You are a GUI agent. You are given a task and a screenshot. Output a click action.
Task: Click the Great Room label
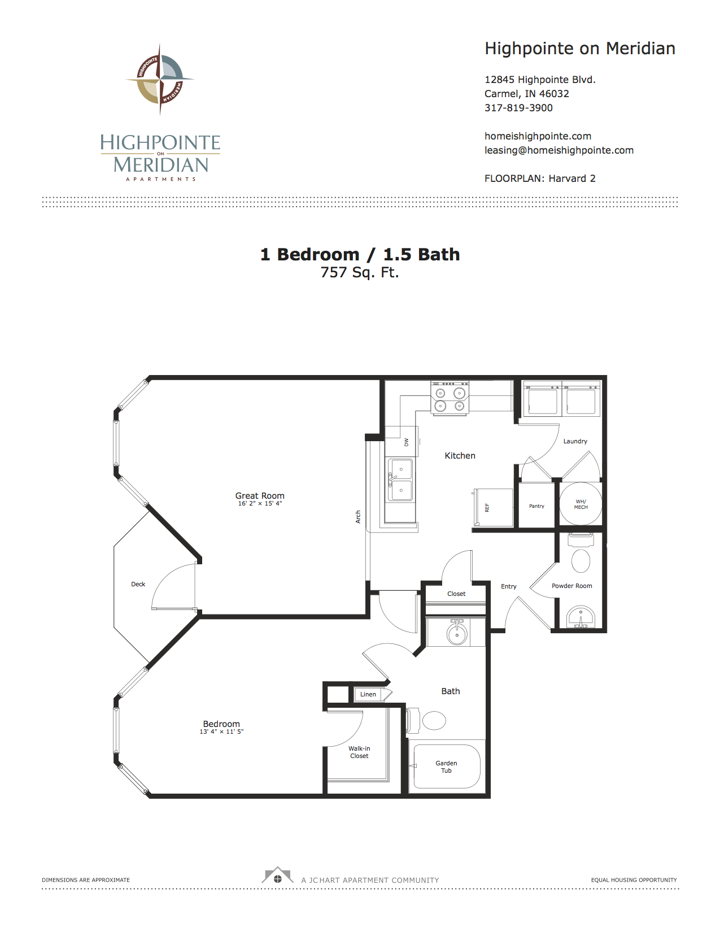coord(259,495)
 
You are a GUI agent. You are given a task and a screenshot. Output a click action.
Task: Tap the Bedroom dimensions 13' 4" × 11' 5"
coord(221,731)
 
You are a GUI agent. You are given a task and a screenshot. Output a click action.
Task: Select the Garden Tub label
coord(446,766)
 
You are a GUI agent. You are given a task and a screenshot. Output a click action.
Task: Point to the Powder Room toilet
coord(581,554)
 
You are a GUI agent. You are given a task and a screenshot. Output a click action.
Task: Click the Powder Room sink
coord(581,617)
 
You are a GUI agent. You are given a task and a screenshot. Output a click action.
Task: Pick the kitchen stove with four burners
coord(450,398)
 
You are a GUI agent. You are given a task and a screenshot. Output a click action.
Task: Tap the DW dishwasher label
coord(406,442)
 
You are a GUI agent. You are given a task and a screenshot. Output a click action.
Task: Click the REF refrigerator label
coord(487,508)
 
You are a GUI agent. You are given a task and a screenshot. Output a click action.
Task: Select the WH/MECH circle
coord(581,504)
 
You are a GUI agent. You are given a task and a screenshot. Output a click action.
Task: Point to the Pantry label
coord(536,506)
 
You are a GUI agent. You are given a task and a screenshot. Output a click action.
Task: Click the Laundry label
coord(575,441)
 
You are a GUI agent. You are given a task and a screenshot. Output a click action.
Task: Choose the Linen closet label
coord(368,694)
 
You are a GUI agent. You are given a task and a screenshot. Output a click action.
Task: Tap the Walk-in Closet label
coord(359,752)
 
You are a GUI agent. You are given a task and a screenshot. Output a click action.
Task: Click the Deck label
coord(138,584)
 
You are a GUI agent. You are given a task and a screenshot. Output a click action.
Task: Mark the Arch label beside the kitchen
coord(358,516)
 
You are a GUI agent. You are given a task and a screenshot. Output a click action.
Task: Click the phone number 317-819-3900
coord(518,108)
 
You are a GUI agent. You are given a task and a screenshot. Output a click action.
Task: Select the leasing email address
coord(558,150)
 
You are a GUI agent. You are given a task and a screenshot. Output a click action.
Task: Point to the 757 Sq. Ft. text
coord(360,272)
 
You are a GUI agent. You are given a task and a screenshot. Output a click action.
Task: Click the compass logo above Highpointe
coord(160,79)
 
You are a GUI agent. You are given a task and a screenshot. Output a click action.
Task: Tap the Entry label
coord(509,586)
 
